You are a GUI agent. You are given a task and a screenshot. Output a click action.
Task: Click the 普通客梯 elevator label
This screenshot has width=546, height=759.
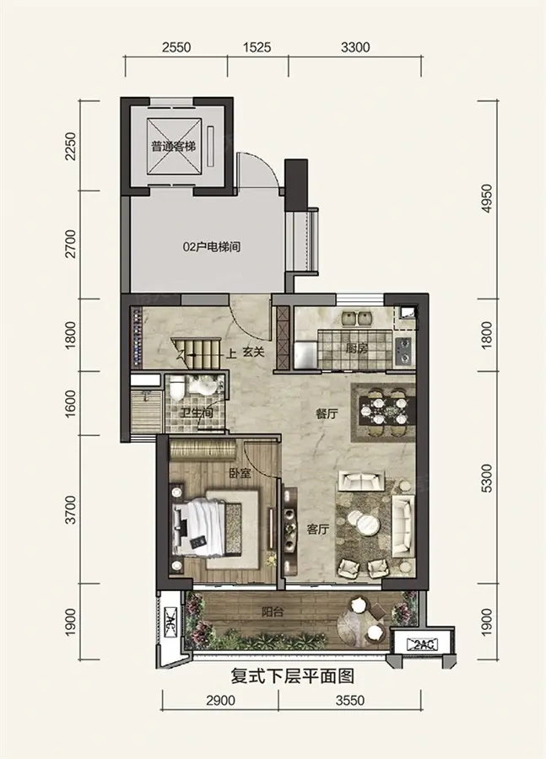coord(174,146)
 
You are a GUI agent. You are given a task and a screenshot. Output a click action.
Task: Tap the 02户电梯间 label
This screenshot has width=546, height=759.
coord(212,247)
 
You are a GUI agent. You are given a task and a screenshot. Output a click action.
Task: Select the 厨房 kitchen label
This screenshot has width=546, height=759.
coord(357,347)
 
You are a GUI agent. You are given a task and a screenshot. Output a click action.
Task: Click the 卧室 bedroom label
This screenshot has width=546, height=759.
coord(240,473)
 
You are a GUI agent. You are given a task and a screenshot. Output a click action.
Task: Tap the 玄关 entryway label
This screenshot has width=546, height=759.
coord(253,353)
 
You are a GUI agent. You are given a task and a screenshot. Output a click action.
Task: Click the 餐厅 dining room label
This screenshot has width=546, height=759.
coord(326,414)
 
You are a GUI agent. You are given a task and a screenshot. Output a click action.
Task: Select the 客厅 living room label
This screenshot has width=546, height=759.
coord(318,530)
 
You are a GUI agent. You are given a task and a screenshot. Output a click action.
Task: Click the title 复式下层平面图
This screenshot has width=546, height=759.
coord(293,676)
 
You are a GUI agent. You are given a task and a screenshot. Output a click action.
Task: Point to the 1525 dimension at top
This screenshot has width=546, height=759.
coord(257,47)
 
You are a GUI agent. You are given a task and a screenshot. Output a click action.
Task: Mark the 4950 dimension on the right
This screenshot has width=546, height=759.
coord(487,198)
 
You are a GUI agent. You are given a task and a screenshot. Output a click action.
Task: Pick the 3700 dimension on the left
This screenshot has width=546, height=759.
coord(71,509)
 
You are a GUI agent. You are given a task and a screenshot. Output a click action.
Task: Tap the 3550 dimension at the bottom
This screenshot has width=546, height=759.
coord(349,700)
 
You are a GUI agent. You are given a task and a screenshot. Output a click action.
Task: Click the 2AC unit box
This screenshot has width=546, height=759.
coord(423,644)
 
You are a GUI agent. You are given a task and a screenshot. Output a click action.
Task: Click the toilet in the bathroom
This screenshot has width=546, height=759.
coord(176,388)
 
